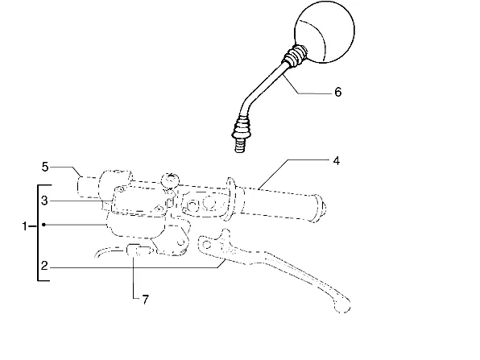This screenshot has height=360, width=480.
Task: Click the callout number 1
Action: [x=24, y=226]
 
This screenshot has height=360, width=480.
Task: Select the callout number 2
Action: [x=44, y=266]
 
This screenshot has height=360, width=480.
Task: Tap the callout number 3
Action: [x=44, y=201]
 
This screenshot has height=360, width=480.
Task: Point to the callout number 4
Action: [x=336, y=161]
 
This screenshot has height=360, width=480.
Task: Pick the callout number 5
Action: [x=45, y=167]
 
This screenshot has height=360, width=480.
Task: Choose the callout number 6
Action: [x=338, y=92]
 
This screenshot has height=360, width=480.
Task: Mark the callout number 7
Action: [x=145, y=300]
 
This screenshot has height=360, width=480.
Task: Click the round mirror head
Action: [x=325, y=32]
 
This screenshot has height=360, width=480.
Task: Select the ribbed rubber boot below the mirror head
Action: [x=295, y=55]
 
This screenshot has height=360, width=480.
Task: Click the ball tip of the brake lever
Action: [x=342, y=304]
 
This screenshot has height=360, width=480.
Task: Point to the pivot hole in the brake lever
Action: [x=207, y=245]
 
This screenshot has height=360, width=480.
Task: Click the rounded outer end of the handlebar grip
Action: [x=318, y=208]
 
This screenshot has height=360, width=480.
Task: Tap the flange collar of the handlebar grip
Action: [x=231, y=198]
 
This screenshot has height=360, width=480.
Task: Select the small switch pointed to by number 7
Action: [x=139, y=250]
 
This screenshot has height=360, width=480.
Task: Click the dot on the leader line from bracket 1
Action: [x=43, y=225]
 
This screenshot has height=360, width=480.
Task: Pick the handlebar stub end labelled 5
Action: [x=88, y=187]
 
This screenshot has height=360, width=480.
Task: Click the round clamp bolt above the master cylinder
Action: [x=170, y=180]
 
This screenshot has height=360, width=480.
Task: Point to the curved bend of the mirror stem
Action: [x=246, y=104]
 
